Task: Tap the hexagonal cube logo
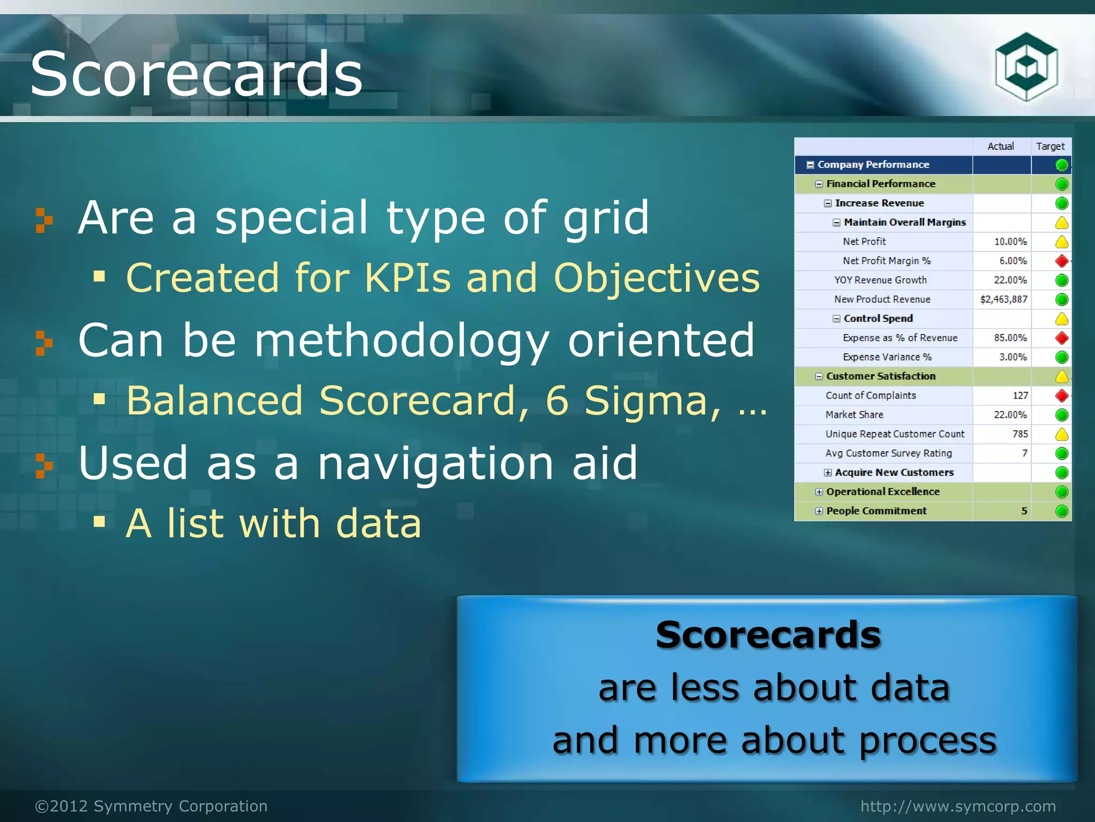point(1026,67)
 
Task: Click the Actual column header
point(1000,146)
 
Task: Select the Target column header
point(1050,146)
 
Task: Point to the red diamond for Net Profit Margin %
point(1062,261)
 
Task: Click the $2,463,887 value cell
point(1004,299)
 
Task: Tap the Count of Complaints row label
point(870,395)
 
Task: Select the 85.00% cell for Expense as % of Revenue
point(1010,338)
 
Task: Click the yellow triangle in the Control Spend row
point(1062,319)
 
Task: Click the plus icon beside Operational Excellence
point(819,492)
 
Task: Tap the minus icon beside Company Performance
point(810,165)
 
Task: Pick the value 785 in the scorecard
point(1020,434)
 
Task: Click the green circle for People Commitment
point(1062,511)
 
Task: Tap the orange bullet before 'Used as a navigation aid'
point(44,465)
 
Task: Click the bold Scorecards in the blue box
point(768,635)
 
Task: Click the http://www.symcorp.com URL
point(958,806)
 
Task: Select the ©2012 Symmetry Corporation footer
point(151,806)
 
